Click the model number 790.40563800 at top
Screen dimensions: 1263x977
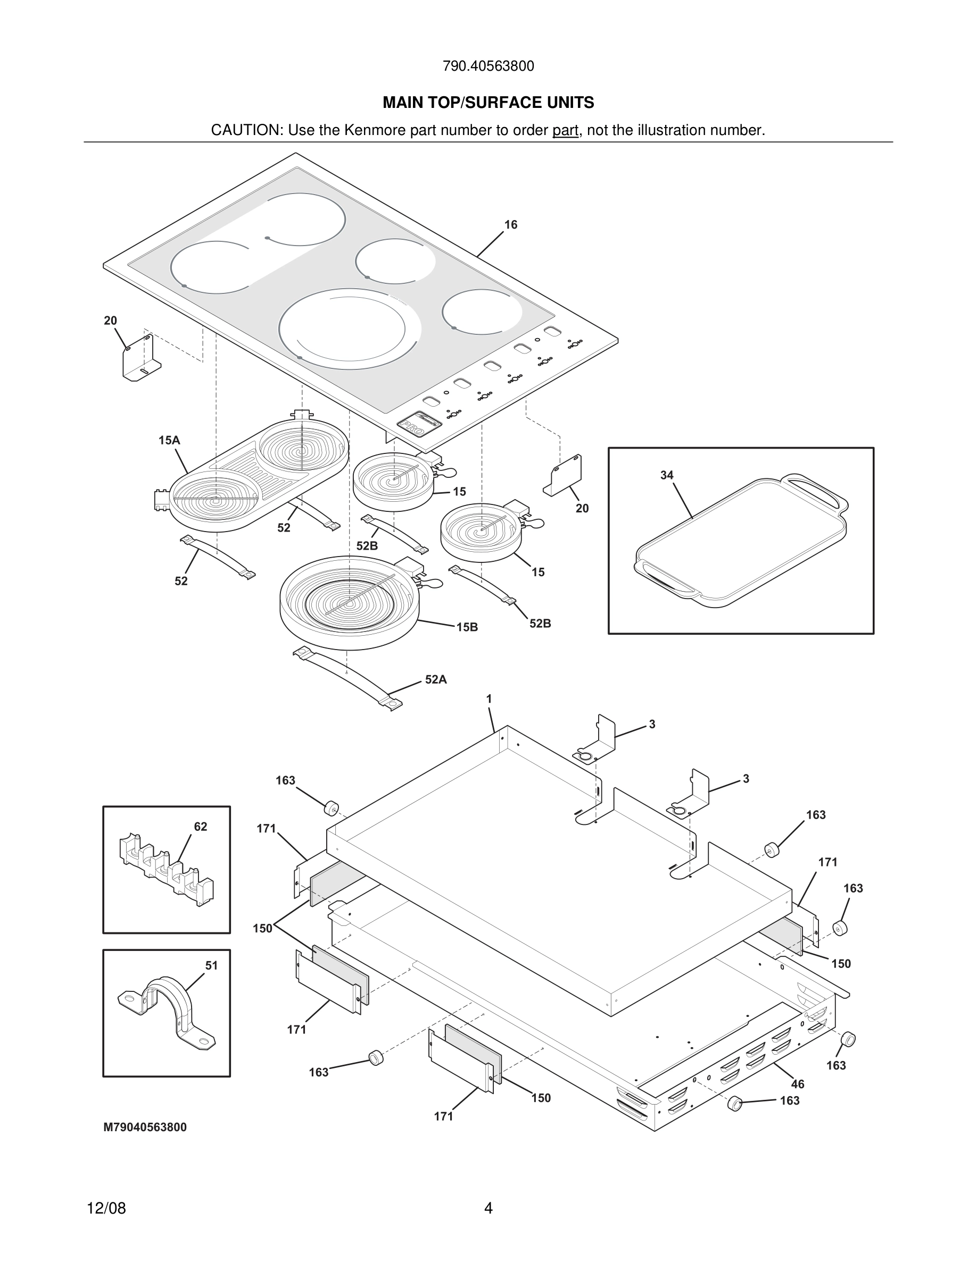click(488, 66)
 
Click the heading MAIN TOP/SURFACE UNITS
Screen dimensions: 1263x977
click(488, 103)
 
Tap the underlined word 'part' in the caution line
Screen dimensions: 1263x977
click(565, 131)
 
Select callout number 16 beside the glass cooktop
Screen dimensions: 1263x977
click(510, 225)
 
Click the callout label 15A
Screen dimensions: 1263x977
click(169, 441)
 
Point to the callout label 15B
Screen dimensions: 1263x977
click(467, 627)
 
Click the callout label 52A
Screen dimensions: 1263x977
click(436, 680)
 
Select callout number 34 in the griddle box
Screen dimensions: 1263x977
click(667, 475)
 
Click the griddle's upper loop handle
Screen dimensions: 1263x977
click(813, 491)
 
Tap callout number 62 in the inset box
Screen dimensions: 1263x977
click(200, 827)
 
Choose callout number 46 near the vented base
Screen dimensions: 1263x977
click(798, 1084)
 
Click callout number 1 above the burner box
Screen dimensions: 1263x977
click(489, 699)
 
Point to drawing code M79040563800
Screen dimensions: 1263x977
click(145, 1127)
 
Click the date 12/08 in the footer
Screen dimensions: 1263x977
click(106, 1209)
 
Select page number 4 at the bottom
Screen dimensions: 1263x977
click(488, 1209)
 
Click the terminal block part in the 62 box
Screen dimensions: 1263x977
click(165, 868)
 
